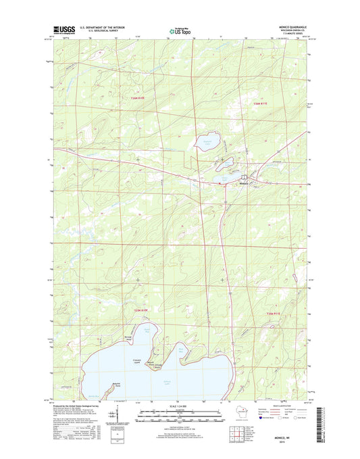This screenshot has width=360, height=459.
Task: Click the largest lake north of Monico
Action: click(x=207, y=141)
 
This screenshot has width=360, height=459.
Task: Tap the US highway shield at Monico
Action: click(x=224, y=185)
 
